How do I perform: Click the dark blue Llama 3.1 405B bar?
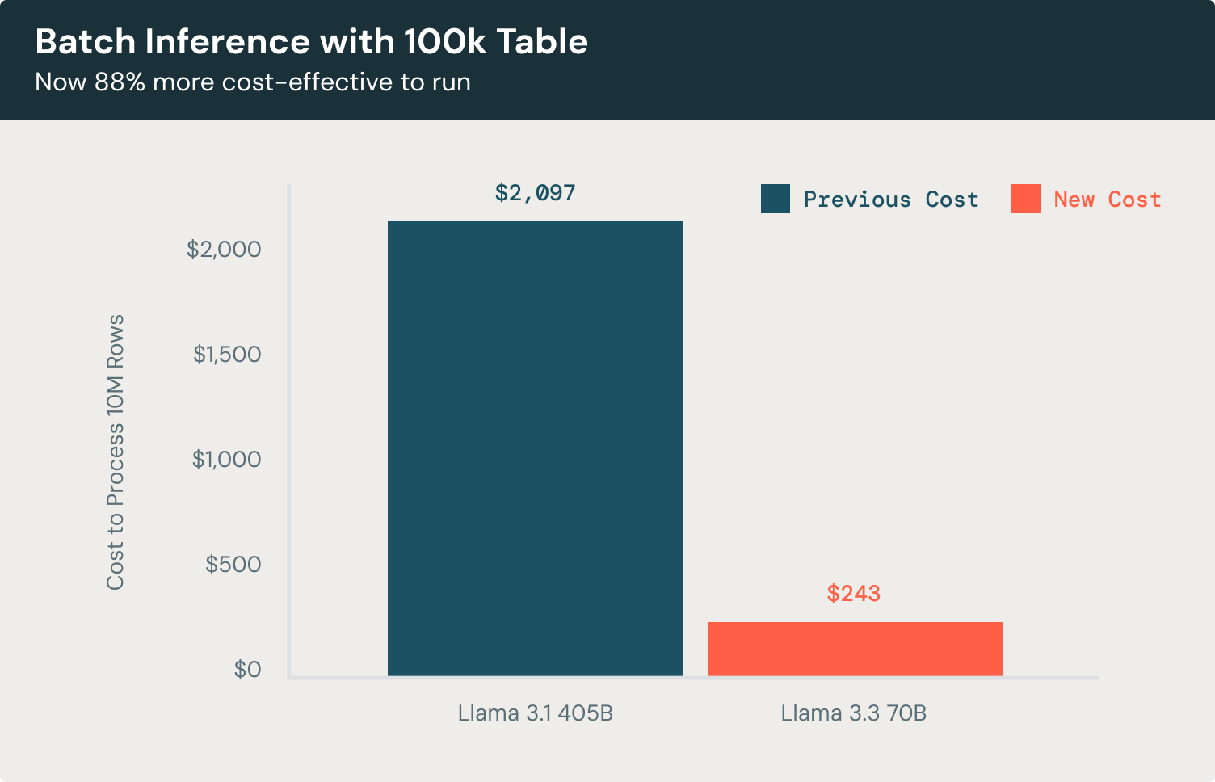(535, 448)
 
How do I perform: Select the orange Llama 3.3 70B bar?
(855, 649)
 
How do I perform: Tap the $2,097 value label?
(535, 193)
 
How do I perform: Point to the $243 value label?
(853, 594)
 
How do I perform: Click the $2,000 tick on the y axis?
(224, 249)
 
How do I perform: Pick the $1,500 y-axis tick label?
(227, 354)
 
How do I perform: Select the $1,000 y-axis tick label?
(226, 459)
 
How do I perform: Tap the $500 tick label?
(233, 564)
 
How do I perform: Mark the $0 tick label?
(247, 669)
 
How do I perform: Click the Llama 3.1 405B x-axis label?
(535, 713)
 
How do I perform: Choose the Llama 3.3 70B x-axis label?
(853, 713)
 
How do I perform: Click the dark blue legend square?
(776, 199)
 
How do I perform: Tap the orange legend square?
(1025, 199)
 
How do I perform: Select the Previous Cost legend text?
(891, 200)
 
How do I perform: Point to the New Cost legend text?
(1108, 200)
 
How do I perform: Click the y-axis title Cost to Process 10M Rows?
(116, 452)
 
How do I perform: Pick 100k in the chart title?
(445, 42)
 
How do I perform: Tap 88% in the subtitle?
(120, 82)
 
